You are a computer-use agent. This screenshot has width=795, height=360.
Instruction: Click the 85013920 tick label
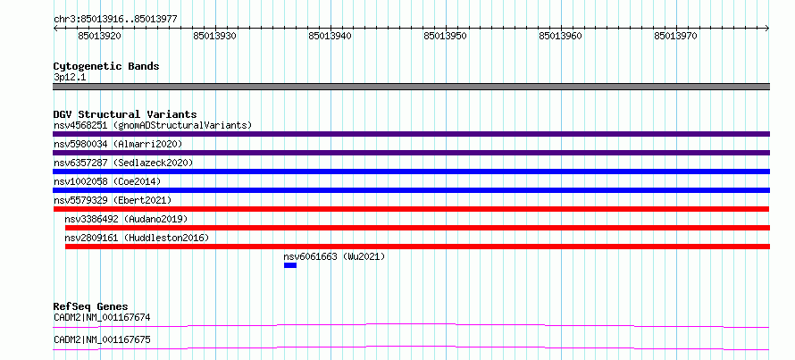100,36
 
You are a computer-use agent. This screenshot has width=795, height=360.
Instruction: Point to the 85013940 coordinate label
331,36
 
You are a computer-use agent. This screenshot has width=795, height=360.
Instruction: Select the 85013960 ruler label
561,36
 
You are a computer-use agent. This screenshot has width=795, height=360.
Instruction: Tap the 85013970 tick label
676,36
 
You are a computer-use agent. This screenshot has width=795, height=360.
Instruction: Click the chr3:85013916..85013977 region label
115,19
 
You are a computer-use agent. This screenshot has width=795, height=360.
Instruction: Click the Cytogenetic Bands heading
106,66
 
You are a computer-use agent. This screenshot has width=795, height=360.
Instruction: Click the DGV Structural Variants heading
125,114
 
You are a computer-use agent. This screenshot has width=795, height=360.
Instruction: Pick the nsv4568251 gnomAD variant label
153,125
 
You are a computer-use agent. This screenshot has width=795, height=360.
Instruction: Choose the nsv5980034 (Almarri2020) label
118,144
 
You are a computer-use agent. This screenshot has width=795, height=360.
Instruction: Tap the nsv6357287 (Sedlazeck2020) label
123,163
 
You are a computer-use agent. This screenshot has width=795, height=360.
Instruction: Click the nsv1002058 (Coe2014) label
107,181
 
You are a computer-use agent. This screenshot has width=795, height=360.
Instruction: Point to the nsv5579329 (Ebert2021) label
113,200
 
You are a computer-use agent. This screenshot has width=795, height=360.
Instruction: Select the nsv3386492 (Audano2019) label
126,219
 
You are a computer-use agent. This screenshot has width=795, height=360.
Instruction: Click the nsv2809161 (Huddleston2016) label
137,238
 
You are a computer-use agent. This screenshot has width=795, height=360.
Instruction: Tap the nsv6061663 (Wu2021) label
335,256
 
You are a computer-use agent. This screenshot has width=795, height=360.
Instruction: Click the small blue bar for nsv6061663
290,265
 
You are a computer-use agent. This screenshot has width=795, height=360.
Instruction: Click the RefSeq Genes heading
91,306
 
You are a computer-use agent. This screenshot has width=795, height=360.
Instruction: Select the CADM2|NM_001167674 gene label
102,318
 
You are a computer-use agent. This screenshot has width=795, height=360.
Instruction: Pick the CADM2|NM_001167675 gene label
102,339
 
